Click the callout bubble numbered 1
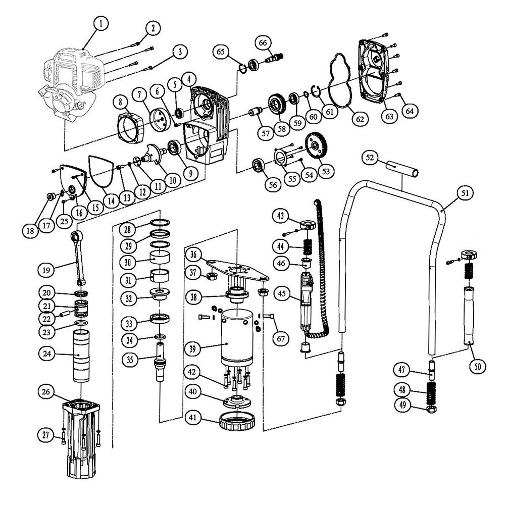[102, 23]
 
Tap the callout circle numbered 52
[371, 158]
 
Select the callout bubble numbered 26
[46, 392]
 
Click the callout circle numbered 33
[129, 323]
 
